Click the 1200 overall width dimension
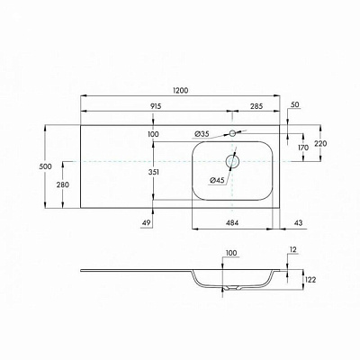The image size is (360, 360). [180, 90]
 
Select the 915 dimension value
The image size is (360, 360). [156, 106]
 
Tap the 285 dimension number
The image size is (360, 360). [256, 106]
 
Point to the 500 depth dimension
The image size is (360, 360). [45, 166]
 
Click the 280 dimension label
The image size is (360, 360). [63, 184]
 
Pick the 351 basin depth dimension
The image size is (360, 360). [153, 172]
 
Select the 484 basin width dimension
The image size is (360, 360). [232, 223]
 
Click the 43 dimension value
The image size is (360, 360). [299, 223]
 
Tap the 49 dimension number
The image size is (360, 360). [147, 223]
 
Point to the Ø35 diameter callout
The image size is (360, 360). [202, 134]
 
